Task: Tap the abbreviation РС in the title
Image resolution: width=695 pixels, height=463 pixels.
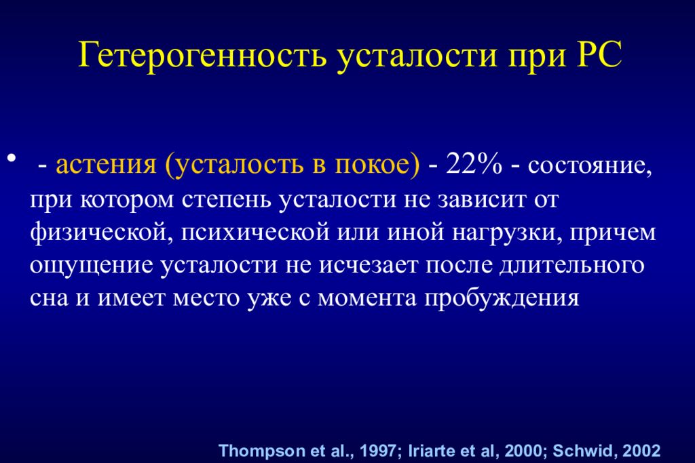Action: (x=597, y=55)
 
